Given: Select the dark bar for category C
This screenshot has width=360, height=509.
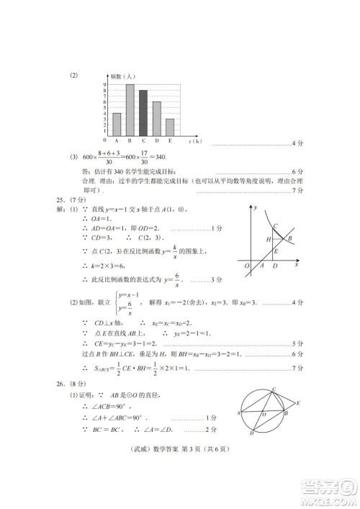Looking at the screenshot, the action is [143, 113].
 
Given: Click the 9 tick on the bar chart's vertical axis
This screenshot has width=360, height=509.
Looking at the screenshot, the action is [105, 85].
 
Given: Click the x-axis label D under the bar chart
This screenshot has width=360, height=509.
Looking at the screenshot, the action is [156, 140].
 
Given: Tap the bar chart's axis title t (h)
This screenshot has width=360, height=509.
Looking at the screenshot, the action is [192, 140].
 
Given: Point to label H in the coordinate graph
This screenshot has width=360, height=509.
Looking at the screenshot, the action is [268, 239].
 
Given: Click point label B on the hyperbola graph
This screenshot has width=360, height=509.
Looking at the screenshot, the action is [289, 239].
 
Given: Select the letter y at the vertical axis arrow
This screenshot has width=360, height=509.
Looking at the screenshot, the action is [256, 207].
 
